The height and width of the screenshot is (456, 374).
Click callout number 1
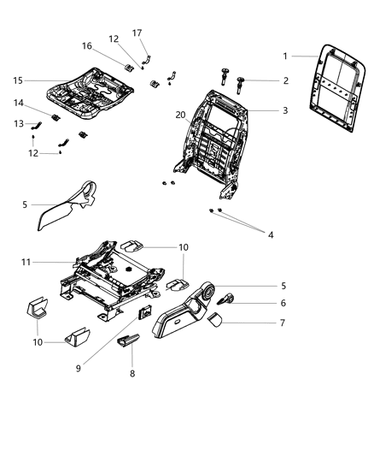pos(285,56)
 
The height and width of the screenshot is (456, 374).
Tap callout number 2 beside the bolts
pos(285,80)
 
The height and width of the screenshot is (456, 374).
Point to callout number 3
pos(285,110)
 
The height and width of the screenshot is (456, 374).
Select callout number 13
pos(19,125)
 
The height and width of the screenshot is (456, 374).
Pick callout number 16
pos(87,45)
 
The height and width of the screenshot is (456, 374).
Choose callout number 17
pos(137,33)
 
